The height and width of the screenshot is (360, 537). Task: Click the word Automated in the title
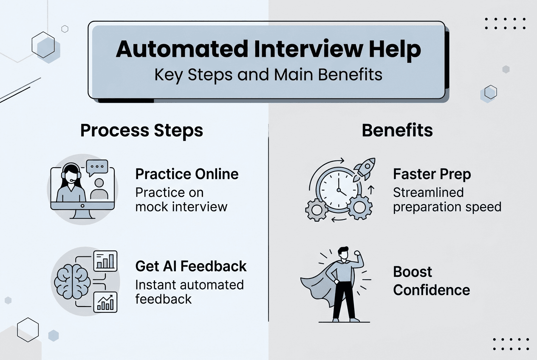182,49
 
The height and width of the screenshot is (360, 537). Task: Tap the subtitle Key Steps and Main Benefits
268,75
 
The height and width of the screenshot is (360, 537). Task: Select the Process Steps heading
141,130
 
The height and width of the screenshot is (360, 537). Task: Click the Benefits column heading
397,130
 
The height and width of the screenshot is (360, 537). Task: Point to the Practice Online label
187,174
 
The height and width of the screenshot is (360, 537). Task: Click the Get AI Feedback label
191,266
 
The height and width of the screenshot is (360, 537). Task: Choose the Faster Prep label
432,174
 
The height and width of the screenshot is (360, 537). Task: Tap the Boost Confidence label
431,281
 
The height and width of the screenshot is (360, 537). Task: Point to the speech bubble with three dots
97,167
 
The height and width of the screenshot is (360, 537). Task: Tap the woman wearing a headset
71,184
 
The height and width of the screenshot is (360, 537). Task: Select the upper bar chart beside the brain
105,260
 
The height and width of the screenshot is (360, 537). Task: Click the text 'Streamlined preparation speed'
447,200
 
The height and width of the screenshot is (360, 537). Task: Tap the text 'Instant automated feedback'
189,292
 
